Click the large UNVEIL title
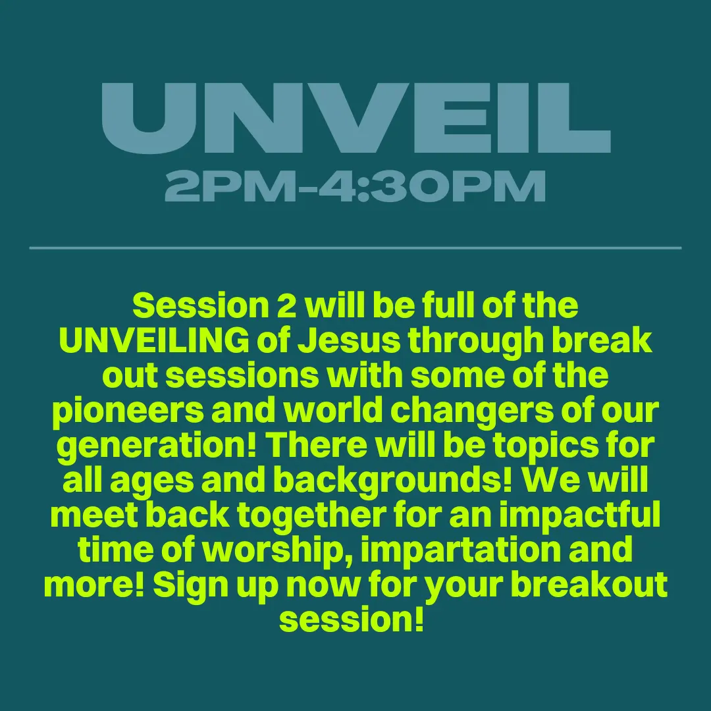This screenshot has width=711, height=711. pos(356,118)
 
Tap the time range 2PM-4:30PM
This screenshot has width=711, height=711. pos(355,186)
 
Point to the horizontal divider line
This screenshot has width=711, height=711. pos(355,248)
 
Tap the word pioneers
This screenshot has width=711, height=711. pos(128,411)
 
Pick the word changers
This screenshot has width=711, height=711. pos(472,411)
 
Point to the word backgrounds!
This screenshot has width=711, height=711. pos(393,481)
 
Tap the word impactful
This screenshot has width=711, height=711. pos(580,515)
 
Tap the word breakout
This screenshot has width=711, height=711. pos(589,585)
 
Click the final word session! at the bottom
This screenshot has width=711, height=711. pos(352,619)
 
